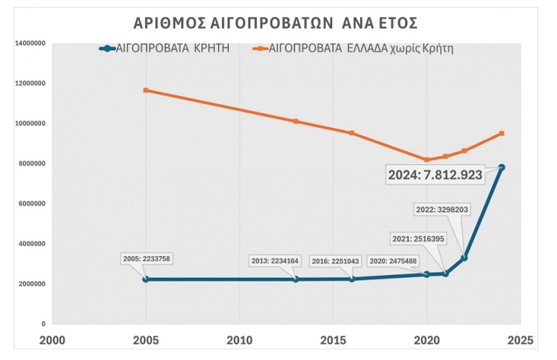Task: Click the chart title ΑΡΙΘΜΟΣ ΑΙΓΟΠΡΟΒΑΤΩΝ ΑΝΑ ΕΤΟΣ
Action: (275, 23)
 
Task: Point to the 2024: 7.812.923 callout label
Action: (435, 175)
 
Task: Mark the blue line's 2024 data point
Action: (501, 167)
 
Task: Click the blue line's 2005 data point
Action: (146, 279)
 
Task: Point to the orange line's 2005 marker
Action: (146, 90)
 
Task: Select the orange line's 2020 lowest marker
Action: (427, 159)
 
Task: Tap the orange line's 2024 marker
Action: (501, 133)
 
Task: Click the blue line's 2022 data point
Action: (464, 258)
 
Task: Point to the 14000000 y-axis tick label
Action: (30, 43)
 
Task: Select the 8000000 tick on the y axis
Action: (32, 164)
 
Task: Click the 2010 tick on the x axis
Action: (240, 341)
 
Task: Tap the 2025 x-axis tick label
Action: (520, 341)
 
